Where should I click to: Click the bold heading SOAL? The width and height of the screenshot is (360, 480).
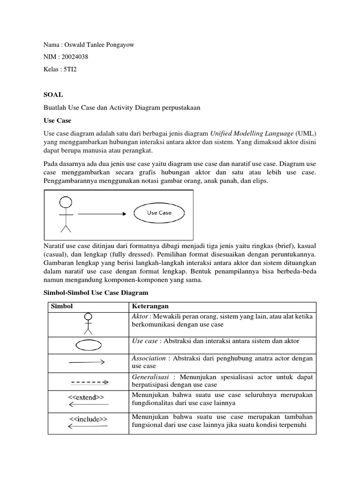(52, 95)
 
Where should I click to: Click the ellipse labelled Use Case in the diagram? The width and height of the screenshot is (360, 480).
(159, 212)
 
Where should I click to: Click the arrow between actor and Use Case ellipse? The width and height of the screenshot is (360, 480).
(102, 213)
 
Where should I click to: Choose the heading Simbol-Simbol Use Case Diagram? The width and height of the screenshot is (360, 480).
(96, 293)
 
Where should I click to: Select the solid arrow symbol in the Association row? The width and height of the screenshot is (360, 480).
(87, 362)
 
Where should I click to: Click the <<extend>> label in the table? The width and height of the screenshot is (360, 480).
(86, 397)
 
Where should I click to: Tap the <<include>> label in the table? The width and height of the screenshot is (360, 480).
(88, 419)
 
